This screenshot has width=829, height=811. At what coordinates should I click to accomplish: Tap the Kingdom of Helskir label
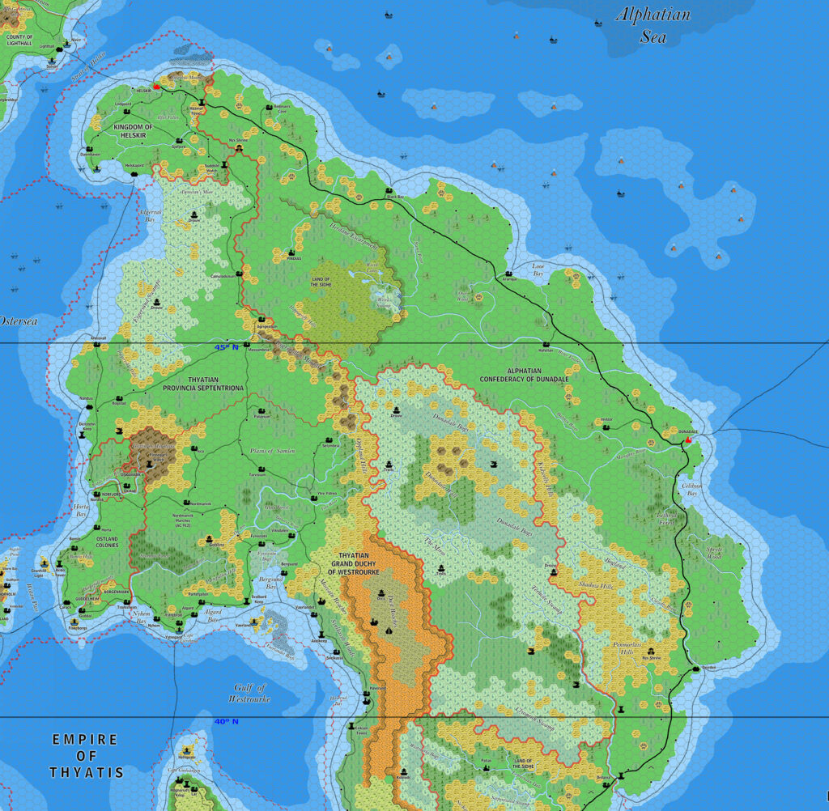point(133,132)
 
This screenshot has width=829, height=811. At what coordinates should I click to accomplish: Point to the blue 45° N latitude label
point(227,347)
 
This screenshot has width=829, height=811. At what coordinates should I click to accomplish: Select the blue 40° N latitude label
point(226,721)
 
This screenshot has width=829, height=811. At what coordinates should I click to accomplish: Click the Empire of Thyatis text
point(85,755)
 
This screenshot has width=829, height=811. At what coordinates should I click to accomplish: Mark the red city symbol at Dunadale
point(688,442)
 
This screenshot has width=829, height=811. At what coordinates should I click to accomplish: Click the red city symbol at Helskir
point(156,85)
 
